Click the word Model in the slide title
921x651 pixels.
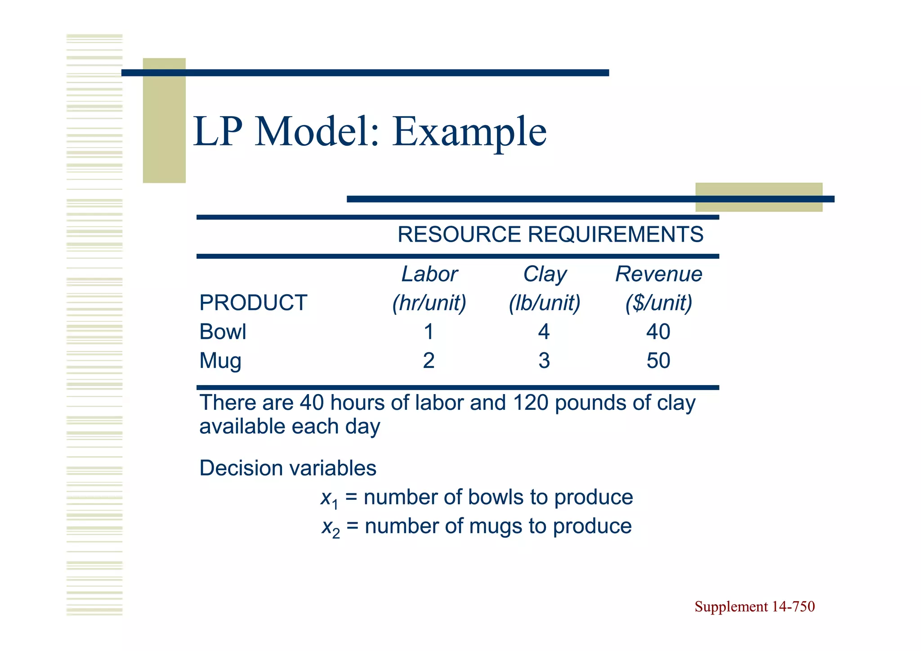tap(317, 132)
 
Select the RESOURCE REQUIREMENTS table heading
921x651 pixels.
tap(550, 234)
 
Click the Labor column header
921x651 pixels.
tap(429, 274)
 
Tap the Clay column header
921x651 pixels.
tap(545, 274)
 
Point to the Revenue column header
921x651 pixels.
tap(658, 274)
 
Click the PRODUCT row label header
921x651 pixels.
tap(253, 303)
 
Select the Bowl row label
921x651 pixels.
tap(223, 332)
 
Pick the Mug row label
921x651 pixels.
tap(220, 361)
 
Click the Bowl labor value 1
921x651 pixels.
tap(429, 332)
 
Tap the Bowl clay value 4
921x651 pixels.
tap(544, 332)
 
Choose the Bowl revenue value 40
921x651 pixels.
tap(658, 332)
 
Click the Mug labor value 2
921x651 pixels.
tap(429, 361)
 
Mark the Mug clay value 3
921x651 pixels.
tap(544, 361)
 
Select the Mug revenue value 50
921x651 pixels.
tap(658, 361)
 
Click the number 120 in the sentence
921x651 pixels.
tap(530, 403)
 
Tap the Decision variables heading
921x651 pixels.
tap(288, 468)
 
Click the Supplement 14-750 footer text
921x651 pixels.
tap(754, 607)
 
